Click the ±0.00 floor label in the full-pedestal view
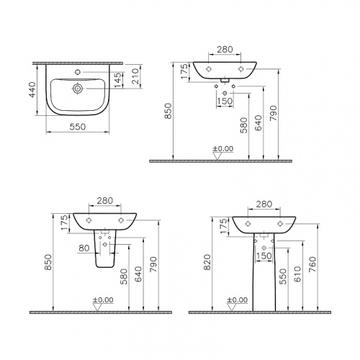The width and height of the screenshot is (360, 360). coord(238,300)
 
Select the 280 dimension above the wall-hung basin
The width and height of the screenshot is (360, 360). coord(225,50)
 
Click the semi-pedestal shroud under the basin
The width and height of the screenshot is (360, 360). coord(104,253)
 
